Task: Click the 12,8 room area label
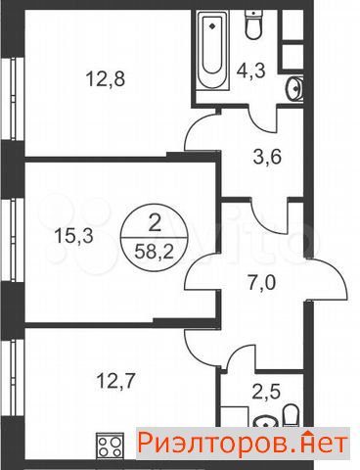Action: pos(106,79)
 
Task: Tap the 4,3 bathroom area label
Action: pos(251,70)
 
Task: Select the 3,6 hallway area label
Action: pos(267,157)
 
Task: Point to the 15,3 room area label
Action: pos(73,235)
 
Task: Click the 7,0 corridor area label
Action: pos(262,282)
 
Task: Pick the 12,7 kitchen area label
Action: pos(115,381)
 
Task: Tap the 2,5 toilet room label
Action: pos(266,391)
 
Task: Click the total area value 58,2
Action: pos(154,252)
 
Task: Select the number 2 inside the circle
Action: pos(155,223)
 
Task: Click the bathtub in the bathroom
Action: pos(212,50)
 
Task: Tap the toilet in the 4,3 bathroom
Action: pos(253,24)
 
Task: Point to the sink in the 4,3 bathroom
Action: pos(295,88)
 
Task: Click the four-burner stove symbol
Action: pos(110,446)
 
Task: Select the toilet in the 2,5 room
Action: pos(291,416)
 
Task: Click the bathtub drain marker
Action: pos(212,25)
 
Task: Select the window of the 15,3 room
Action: pos(13,240)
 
